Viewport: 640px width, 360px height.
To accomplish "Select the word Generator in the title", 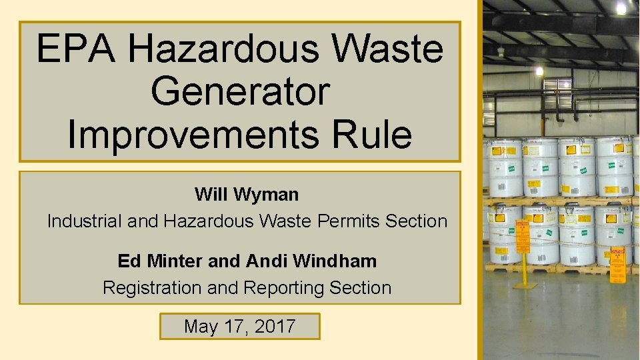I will point(240,91).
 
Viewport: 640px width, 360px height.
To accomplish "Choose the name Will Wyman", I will point(247,195).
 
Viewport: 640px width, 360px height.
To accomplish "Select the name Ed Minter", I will point(160,261).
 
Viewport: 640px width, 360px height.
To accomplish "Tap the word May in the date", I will point(198,327).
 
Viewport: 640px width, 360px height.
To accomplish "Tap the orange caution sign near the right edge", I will point(619,257).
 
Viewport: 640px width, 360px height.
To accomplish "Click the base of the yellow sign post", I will point(525,285).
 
